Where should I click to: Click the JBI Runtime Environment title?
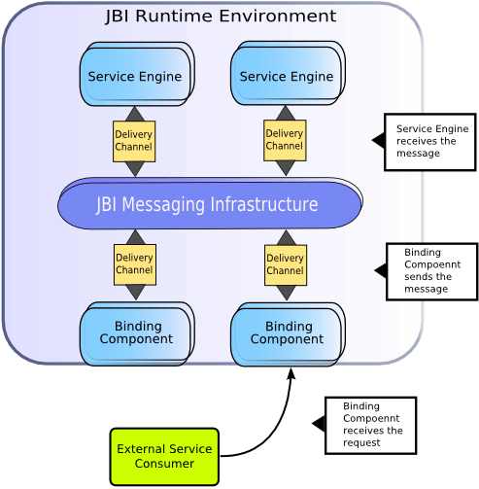click(x=221, y=17)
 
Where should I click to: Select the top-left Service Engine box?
click(x=135, y=76)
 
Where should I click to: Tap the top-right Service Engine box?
click(x=286, y=76)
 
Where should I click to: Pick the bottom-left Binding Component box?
click(x=136, y=333)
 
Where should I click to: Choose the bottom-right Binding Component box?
click(x=288, y=333)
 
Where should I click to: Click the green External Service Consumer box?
click(x=164, y=456)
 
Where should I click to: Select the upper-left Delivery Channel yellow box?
click(x=134, y=141)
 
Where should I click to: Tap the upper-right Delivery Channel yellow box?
click(x=285, y=141)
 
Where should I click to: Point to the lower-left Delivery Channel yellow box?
click(x=134, y=264)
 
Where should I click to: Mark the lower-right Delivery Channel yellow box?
click(x=286, y=264)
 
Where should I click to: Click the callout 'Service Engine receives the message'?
click(x=430, y=142)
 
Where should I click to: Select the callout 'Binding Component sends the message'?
click(x=431, y=271)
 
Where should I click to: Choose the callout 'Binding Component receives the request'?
click(x=370, y=425)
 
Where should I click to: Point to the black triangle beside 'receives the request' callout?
click(x=318, y=423)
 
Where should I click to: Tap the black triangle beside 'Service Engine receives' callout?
click(x=378, y=141)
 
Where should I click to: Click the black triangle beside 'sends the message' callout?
click(x=380, y=270)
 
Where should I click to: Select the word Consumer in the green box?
click(x=164, y=464)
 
